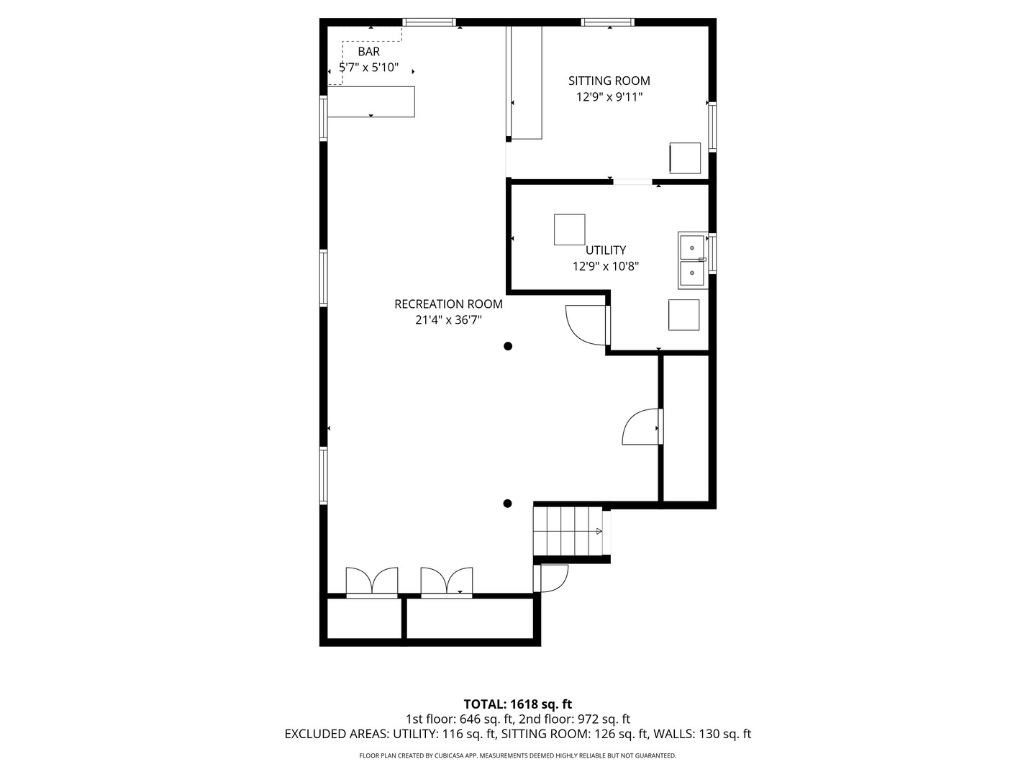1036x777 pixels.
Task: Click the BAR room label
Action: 368,52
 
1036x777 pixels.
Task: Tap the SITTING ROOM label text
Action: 609,81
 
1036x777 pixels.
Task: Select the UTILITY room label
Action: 605,250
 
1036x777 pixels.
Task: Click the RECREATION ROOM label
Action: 448,304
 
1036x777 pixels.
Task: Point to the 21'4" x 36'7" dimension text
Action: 448,320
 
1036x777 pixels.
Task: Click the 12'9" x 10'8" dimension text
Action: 605,266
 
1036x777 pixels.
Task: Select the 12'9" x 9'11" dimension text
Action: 609,97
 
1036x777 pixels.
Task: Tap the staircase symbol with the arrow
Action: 568,531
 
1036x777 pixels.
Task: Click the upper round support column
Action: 508,346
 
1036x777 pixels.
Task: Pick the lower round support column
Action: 508,504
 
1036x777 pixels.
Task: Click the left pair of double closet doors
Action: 372,581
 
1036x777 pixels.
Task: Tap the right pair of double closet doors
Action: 447,581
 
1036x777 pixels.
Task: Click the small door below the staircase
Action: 552,578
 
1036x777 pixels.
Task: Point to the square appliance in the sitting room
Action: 685,158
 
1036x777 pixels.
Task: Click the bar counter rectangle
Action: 371,101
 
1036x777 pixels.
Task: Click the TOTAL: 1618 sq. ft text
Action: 517,704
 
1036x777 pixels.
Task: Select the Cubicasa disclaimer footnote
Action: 517,755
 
